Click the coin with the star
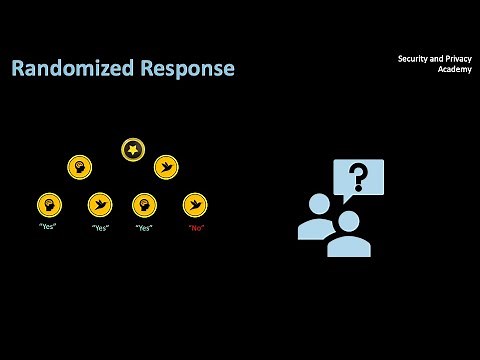[x=132, y=150]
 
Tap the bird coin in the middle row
[x=166, y=166]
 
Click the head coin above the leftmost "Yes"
[x=46, y=205]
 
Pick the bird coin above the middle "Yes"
[x=99, y=205]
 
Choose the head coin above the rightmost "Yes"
[x=145, y=205]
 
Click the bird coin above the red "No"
[x=195, y=205]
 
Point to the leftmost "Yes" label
[x=46, y=227]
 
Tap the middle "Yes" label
[x=99, y=227]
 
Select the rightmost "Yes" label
[x=145, y=227]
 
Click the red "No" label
[x=195, y=227]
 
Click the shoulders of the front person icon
[x=349, y=246]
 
